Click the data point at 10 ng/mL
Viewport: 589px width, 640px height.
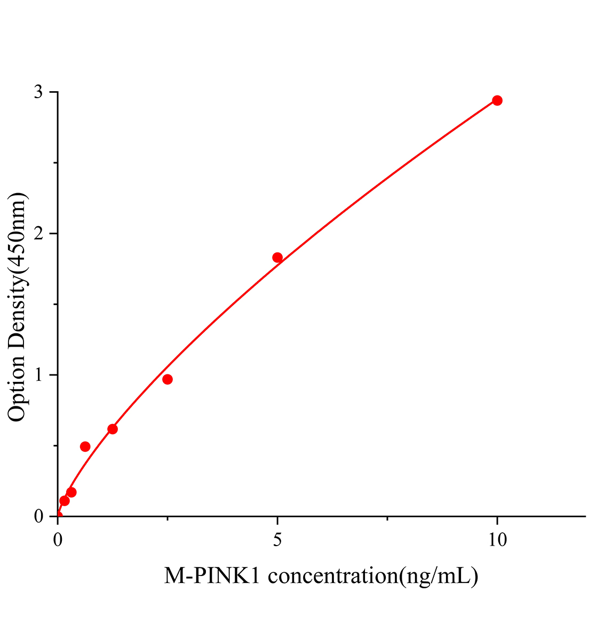tap(497, 100)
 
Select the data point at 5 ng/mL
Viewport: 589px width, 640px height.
tap(277, 258)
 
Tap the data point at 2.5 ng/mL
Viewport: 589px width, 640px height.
tap(168, 379)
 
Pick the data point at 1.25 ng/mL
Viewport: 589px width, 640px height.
tap(113, 429)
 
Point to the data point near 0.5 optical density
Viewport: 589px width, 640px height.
tap(85, 446)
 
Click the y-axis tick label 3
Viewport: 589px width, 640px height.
tap(38, 92)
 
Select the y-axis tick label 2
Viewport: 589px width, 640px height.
tap(38, 234)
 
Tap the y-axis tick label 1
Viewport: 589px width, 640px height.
tap(38, 375)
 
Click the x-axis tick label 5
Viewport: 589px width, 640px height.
tap(277, 540)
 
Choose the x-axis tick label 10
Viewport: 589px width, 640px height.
tap(497, 540)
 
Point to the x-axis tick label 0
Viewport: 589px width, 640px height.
tap(58, 540)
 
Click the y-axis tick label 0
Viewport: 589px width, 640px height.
tap(38, 516)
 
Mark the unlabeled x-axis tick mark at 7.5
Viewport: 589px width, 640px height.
tap(387, 518)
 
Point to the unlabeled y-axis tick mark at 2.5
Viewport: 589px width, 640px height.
tap(55, 163)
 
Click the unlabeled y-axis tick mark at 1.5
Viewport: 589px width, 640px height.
tap(55, 304)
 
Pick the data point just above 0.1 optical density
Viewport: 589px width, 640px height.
tap(65, 501)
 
